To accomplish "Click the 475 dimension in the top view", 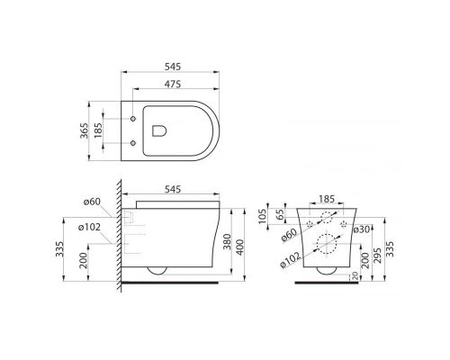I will pos(175,83).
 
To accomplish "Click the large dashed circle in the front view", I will pos(325,245).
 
